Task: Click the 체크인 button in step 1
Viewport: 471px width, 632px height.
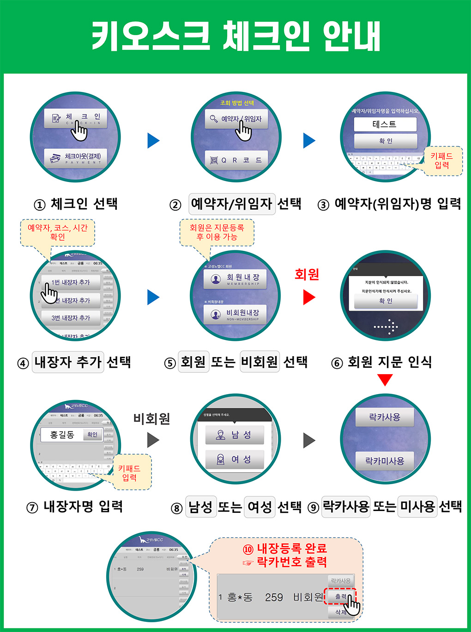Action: click(76, 119)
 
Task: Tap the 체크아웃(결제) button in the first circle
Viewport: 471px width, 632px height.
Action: click(76, 158)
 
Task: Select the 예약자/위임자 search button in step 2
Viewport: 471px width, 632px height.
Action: click(236, 119)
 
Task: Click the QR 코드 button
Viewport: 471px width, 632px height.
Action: click(236, 160)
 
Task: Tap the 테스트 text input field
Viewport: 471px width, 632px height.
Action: click(385, 124)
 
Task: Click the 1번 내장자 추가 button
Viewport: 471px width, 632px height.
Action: click(71, 282)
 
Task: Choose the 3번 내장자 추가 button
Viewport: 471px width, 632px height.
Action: click(71, 318)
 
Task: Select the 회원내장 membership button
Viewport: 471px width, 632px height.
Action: click(235, 279)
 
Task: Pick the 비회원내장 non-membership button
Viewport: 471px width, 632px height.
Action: click(235, 314)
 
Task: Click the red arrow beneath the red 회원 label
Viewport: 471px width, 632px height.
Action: click(308, 297)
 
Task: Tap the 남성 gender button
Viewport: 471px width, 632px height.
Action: click(235, 435)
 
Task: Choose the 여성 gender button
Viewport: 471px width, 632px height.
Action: click(235, 459)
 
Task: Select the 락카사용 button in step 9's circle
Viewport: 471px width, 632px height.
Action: click(385, 417)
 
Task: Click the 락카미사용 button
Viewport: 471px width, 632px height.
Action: click(385, 461)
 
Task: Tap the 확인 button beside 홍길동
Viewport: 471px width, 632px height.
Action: click(92, 434)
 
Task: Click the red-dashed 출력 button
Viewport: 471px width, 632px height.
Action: click(340, 596)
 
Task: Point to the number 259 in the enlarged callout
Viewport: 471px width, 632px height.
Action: click(274, 597)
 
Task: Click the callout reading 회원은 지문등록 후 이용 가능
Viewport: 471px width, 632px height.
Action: click(217, 232)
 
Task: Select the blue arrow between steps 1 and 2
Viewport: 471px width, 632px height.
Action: click(153, 140)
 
